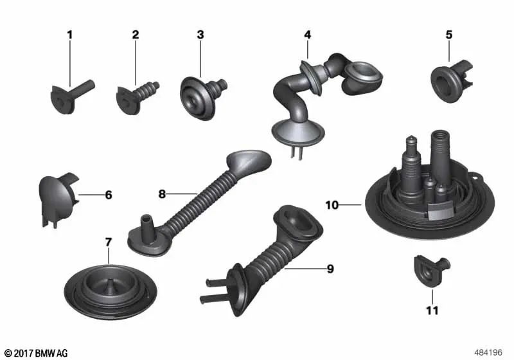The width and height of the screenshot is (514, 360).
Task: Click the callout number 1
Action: click(x=69, y=35)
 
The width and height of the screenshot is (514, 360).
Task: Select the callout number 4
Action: click(x=307, y=35)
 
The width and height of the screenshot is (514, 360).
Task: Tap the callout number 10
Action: click(x=332, y=205)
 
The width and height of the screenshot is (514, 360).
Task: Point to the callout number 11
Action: click(x=432, y=310)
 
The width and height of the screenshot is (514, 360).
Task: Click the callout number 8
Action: click(x=162, y=194)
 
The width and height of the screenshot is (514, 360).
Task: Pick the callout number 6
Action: click(x=109, y=195)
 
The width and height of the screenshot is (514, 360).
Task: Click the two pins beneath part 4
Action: click(x=296, y=152)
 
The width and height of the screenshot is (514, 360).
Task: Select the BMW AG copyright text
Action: click(x=37, y=353)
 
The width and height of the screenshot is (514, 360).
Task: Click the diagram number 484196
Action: click(x=488, y=352)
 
